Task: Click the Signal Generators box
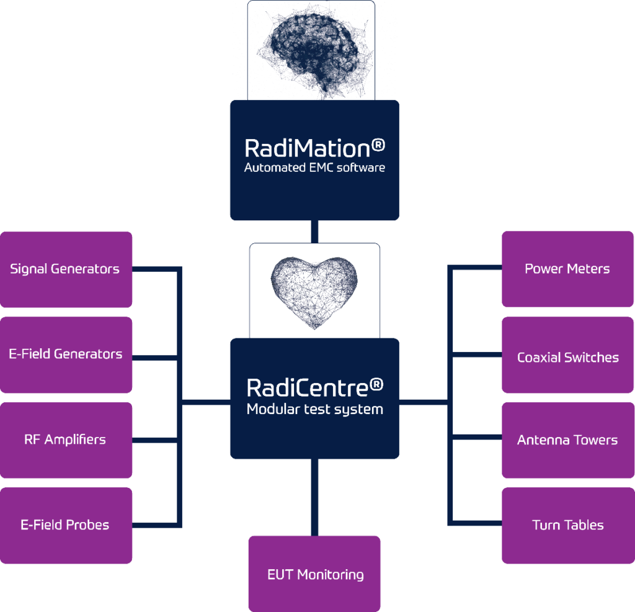tap(66, 269)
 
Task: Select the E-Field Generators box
tap(66, 354)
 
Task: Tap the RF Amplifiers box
tap(66, 440)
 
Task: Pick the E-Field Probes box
tap(66, 525)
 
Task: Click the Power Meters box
tap(567, 269)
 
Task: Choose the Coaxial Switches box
tap(567, 358)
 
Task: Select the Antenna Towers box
tap(567, 440)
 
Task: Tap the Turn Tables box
tap(567, 525)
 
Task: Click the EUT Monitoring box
tap(314, 574)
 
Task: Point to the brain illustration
tap(311, 50)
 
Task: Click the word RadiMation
tap(307, 148)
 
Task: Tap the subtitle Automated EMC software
tap(314, 168)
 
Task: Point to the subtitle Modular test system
tap(314, 409)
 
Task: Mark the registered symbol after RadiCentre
tap(376, 385)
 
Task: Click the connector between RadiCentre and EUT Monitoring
tap(314, 497)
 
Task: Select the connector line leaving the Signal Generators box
tap(155, 269)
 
